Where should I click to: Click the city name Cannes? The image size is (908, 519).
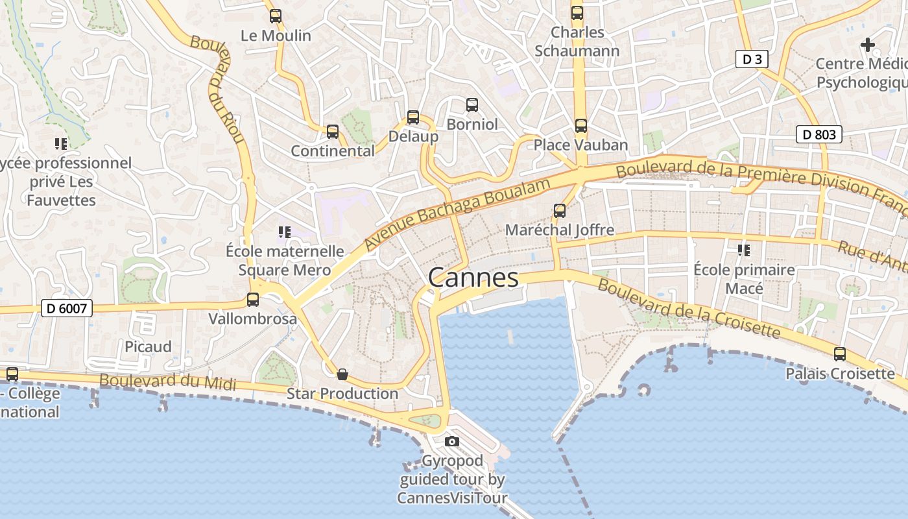473,278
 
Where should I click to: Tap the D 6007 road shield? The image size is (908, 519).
67,308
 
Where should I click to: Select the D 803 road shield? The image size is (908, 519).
818,134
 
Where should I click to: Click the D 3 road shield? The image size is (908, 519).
752,60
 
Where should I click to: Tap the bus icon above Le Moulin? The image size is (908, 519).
276,16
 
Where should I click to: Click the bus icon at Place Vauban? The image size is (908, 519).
580,126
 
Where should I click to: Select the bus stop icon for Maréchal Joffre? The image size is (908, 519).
559,211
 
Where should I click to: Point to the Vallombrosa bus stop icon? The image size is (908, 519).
253,300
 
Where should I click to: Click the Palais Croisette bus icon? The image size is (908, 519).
840,354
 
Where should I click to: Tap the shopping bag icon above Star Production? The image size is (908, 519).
342,374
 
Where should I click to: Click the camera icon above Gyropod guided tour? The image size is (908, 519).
452,442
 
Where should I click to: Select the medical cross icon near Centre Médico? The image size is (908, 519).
867,45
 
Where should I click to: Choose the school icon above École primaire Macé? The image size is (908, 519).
743,250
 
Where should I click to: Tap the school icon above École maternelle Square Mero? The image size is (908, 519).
283,232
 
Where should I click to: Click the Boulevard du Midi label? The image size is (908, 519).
167,382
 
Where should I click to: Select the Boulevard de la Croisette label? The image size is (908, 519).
688,309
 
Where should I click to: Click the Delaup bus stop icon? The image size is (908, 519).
413,117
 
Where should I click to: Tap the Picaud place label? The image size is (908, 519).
148,347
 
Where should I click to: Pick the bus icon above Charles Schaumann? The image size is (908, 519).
577,13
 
